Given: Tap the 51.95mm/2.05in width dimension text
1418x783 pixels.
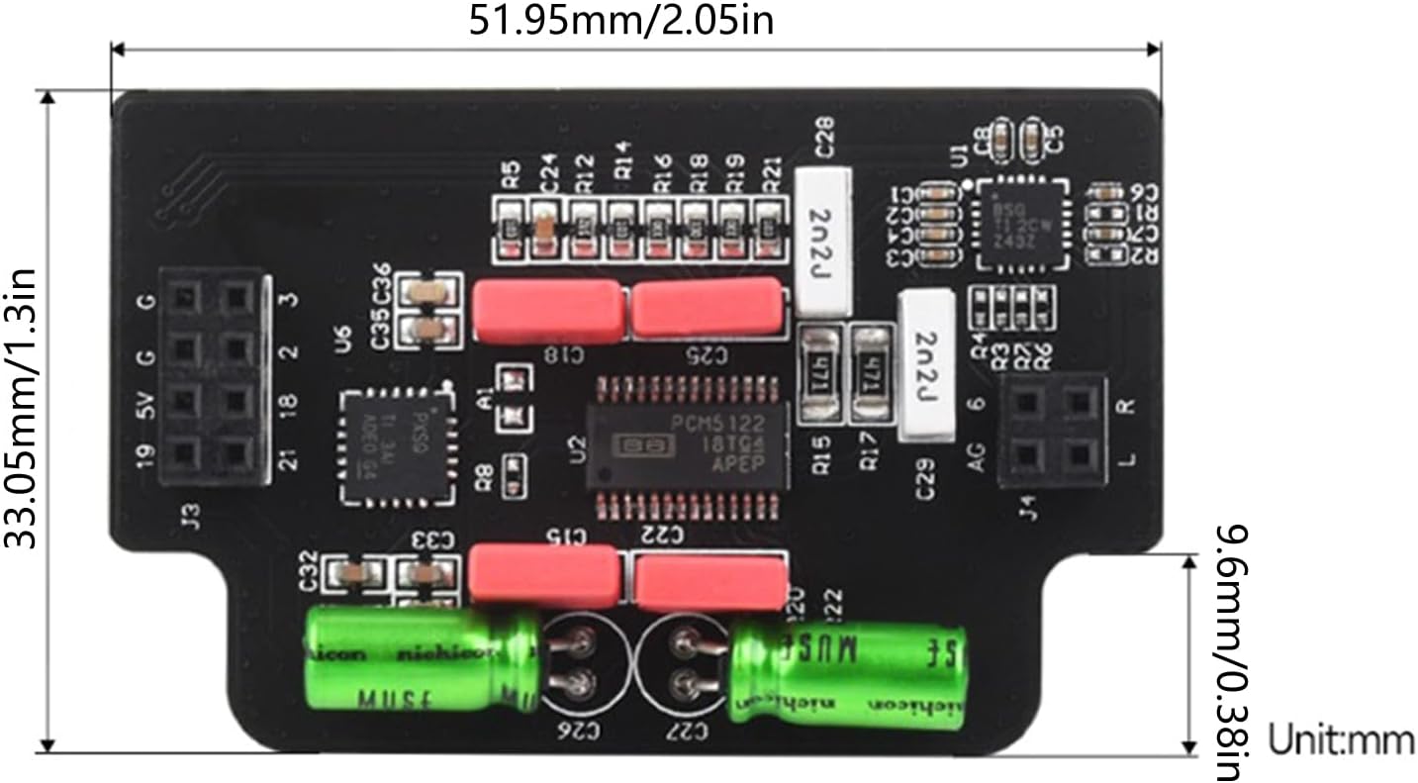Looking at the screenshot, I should coord(620,19).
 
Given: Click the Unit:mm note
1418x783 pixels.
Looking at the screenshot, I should coord(1342,739).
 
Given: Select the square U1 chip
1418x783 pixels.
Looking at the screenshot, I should coord(1022,224).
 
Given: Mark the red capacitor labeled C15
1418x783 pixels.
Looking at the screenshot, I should coord(543,574).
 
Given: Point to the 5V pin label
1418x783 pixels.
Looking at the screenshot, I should coord(150,404).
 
